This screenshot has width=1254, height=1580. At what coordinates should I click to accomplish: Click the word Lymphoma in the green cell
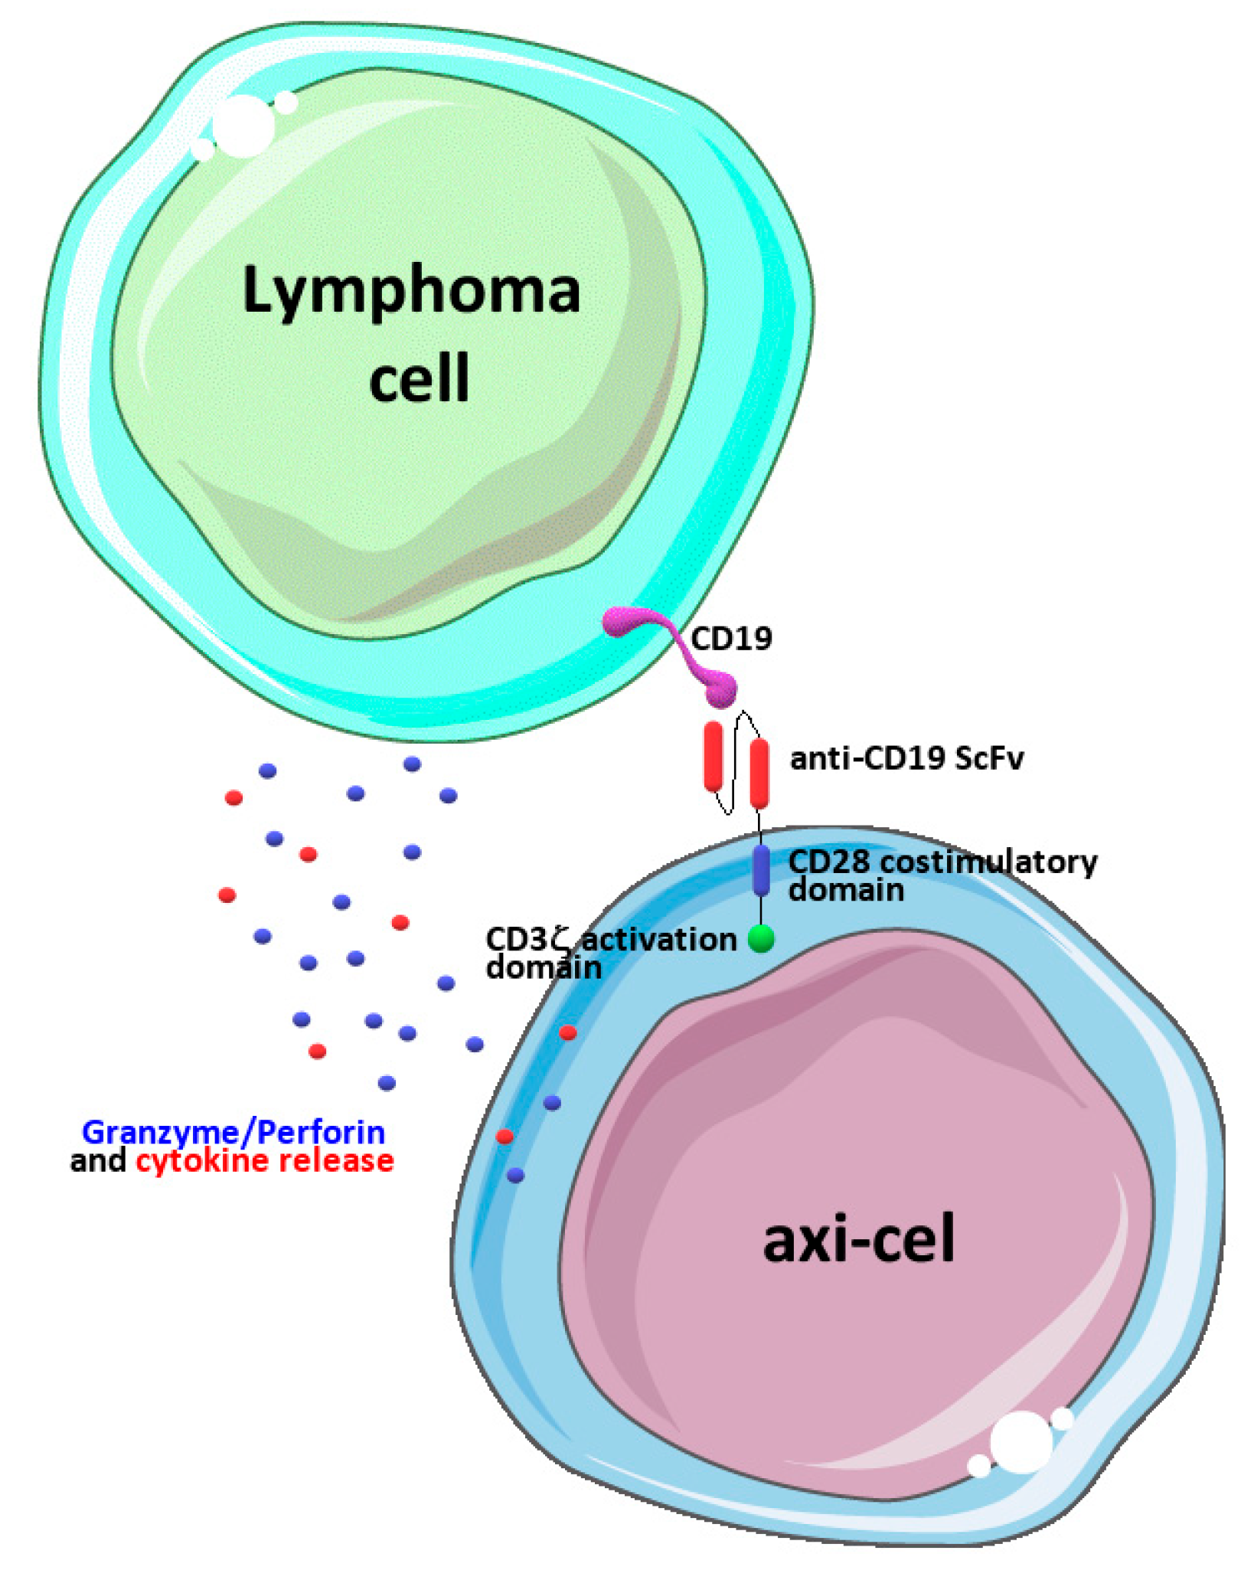[411, 292]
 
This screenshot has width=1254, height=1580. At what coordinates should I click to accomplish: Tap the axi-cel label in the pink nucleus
[858, 1239]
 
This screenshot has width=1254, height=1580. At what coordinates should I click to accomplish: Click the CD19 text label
[731, 639]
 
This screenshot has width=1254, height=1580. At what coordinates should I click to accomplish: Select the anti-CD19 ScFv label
[906, 758]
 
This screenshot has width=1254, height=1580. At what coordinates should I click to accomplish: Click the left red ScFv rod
[713, 756]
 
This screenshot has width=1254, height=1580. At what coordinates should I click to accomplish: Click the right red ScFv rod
[759, 774]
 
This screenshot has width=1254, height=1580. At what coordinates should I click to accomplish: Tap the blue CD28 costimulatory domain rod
[761, 870]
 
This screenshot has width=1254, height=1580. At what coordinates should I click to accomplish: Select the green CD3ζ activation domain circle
[761, 938]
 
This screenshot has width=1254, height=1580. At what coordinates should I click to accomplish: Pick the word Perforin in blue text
[321, 1133]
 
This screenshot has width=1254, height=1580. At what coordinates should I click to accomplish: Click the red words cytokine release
[265, 1161]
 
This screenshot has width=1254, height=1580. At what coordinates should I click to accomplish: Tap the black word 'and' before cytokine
[98, 1161]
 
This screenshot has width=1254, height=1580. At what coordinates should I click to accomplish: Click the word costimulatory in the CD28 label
[988, 862]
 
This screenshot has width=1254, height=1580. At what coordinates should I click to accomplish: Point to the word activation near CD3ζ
[659, 940]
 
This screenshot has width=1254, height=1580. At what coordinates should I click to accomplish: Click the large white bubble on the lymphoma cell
[243, 126]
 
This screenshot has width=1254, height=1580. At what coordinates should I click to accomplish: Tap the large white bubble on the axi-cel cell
[1021, 1442]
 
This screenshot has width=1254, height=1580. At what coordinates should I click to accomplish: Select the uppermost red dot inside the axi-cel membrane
[567, 1033]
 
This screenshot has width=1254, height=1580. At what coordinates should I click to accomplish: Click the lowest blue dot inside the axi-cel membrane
[515, 1175]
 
